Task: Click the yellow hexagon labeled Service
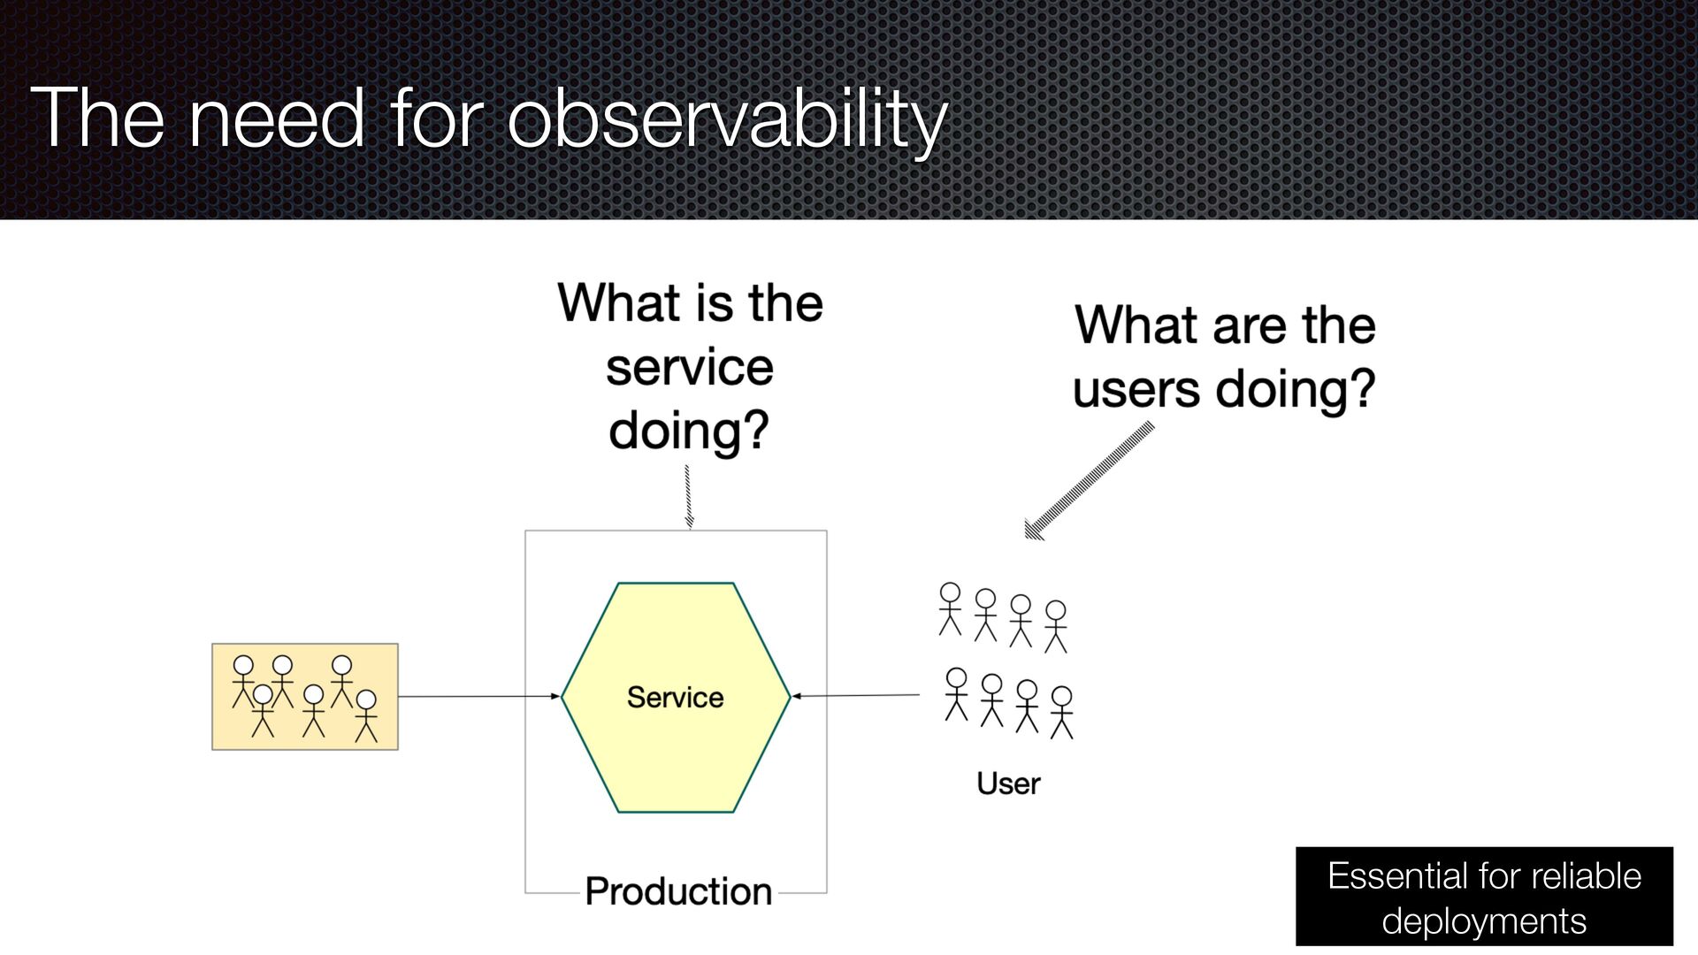point(676,697)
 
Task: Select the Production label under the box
point(678,890)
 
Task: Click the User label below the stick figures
point(1008,783)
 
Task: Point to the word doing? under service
point(689,432)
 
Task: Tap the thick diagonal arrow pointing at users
point(1089,480)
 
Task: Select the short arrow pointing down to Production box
point(688,497)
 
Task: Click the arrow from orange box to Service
point(479,697)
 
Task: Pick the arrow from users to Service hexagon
point(855,696)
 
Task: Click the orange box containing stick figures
point(305,697)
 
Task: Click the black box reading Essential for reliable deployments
point(1484,897)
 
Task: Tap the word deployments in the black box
point(1484,922)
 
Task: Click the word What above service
point(618,303)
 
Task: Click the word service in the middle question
point(690,368)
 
